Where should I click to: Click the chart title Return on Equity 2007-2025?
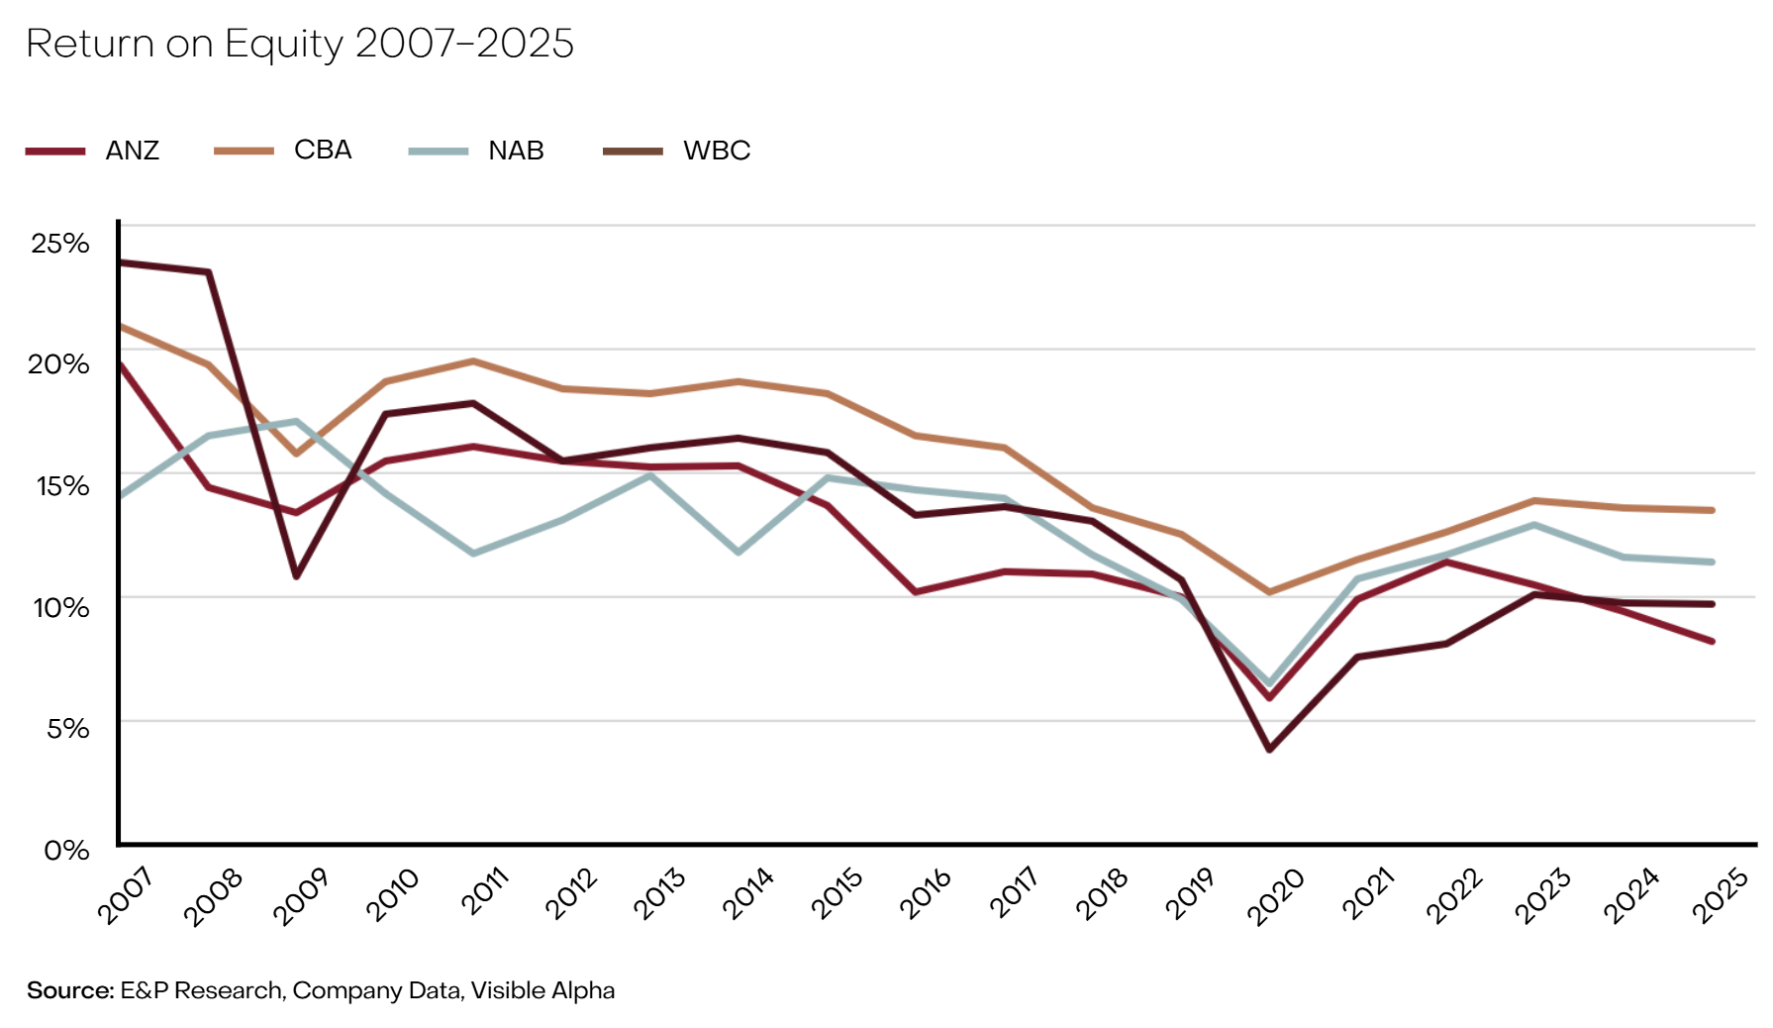click(x=300, y=44)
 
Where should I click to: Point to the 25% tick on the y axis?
click(x=60, y=243)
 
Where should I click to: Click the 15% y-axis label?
click(x=62, y=485)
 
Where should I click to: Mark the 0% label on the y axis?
click(x=66, y=850)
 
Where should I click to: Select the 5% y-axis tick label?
click(x=67, y=729)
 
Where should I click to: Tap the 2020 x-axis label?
click(x=1275, y=896)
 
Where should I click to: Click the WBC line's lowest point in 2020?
click(x=1269, y=749)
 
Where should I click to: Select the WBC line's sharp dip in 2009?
click(x=296, y=575)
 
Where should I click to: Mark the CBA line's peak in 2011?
click(x=473, y=361)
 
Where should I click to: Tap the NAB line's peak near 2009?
click(x=296, y=421)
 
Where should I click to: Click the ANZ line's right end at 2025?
click(x=1711, y=641)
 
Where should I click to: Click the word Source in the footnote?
click(x=70, y=990)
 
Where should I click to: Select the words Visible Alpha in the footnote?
click(x=542, y=990)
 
